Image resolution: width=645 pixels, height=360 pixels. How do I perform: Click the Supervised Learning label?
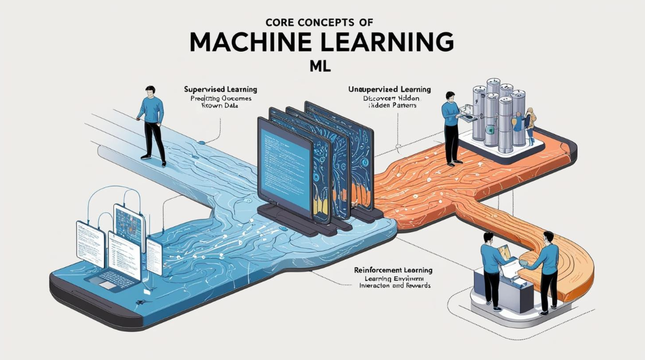(220, 90)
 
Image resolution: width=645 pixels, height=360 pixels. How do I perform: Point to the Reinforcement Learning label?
(393, 271)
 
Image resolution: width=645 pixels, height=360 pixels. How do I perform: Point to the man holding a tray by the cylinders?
(451, 125)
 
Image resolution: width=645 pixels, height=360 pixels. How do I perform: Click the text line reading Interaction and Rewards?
(393, 287)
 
